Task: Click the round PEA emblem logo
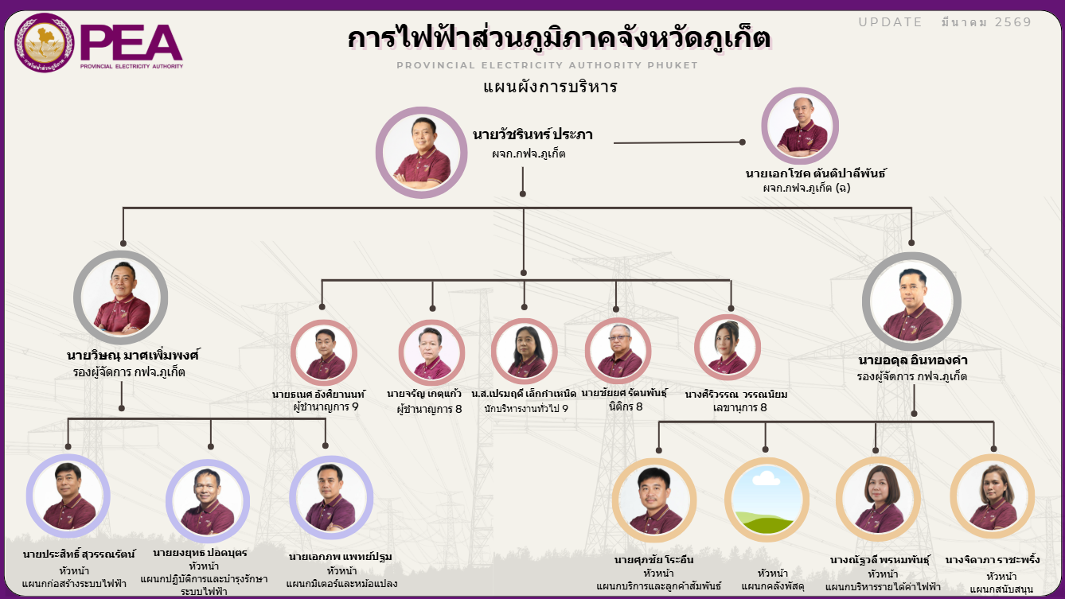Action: (x=45, y=43)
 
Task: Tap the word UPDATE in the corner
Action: (x=890, y=22)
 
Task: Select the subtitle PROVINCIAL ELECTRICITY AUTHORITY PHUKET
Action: (x=548, y=65)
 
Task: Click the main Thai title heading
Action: (x=559, y=38)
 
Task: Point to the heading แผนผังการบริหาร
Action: (x=550, y=87)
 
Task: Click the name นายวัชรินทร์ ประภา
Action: (x=532, y=134)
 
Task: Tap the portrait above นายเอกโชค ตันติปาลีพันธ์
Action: (x=800, y=126)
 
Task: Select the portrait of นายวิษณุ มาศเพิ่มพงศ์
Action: (x=121, y=298)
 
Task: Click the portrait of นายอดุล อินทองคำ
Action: (x=911, y=301)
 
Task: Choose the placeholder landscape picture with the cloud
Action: (x=767, y=500)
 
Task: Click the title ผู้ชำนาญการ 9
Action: (x=326, y=407)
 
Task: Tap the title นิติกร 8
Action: (x=626, y=406)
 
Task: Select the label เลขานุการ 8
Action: (x=739, y=407)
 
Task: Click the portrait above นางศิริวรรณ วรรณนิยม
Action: (x=728, y=348)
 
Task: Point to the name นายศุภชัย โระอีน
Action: (x=653, y=560)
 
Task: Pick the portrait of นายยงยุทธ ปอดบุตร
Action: (x=208, y=501)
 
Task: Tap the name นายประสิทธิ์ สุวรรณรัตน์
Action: (x=79, y=554)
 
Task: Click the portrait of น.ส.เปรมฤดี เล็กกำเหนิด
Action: (x=524, y=351)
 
